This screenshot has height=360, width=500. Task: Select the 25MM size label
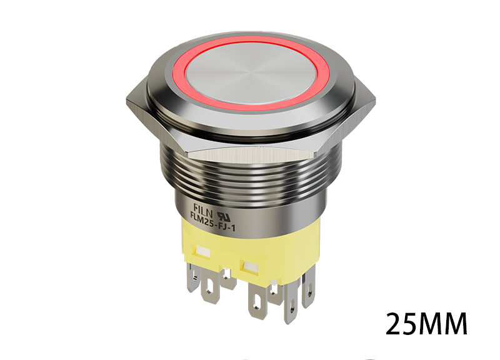click(426, 324)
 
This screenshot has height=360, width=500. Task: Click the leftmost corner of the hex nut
click(127, 100)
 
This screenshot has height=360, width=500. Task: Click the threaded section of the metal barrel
click(250, 175)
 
